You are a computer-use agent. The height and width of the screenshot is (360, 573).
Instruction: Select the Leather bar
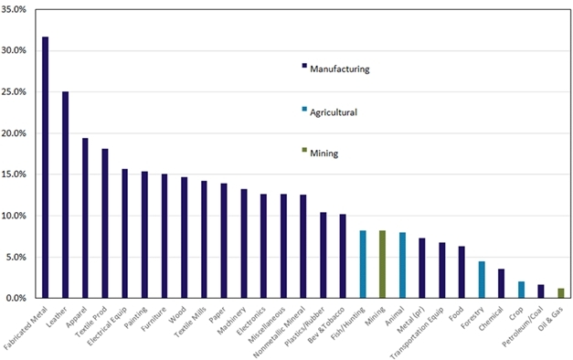pyautogui.click(x=65, y=195)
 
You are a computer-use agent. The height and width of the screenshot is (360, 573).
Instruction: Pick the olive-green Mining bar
pyautogui.click(x=382, y=264)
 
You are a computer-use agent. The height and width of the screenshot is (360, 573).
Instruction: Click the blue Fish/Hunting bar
pyautogui.click(x=363, y=264)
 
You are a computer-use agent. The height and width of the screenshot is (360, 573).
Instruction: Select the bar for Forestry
pyautogui.click(x=481, y=280)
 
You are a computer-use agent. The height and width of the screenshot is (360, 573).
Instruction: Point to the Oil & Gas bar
pyautogui.click(x=560, y=293)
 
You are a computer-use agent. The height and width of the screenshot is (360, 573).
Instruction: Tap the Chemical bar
pyautogui.click(x=501, y=283)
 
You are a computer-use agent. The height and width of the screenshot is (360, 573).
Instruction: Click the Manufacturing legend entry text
pyautogui.click(x=340, y=69)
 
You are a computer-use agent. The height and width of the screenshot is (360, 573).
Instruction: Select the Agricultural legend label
pyautogui.click(x=335, y=111)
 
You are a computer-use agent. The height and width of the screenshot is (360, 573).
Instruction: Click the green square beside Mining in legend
pyautogui.click(x=303, y=152)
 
